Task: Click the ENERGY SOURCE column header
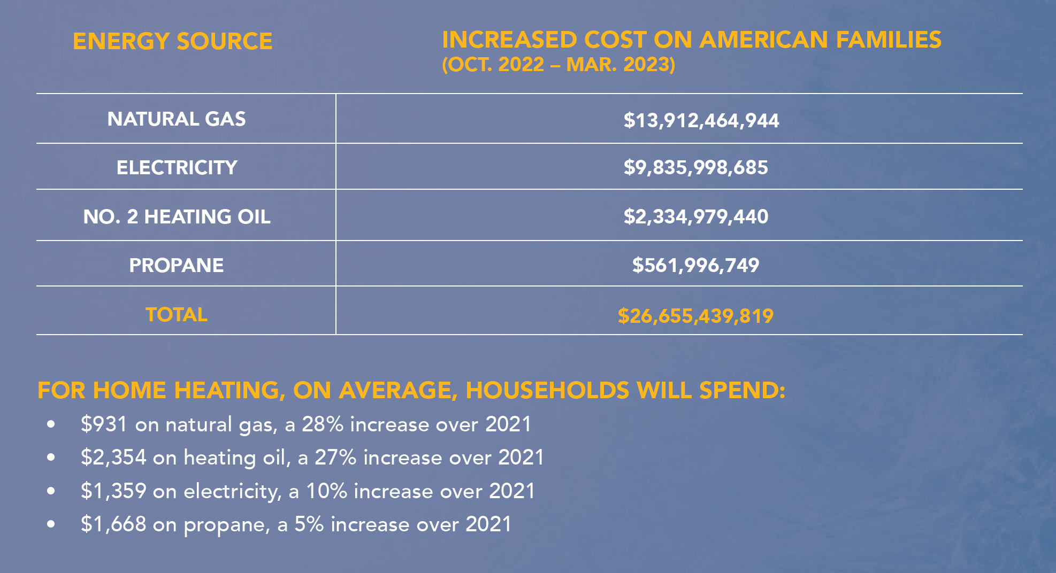pos(172,42)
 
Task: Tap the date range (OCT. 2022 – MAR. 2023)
pos(558,65)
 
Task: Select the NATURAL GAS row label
pos(177,119)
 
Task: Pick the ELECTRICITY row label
pos(177,168)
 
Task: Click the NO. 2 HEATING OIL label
pos(177,217)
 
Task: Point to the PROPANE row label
pos(177,266)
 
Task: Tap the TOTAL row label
pos(177,315)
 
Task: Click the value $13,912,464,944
pos(701,121)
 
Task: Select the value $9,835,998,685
pos(695,168)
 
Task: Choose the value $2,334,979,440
pos(695,217)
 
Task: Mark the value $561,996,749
pos(695,266)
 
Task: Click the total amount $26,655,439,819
pos(695,316)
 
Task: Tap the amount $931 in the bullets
pos(104,424)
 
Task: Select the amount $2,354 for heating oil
pos(113,458)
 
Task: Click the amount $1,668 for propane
pos(113,524)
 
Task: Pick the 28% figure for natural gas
pos(323,424)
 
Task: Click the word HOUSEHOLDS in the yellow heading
pos(547,391)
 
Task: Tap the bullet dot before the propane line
pos(51,524)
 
